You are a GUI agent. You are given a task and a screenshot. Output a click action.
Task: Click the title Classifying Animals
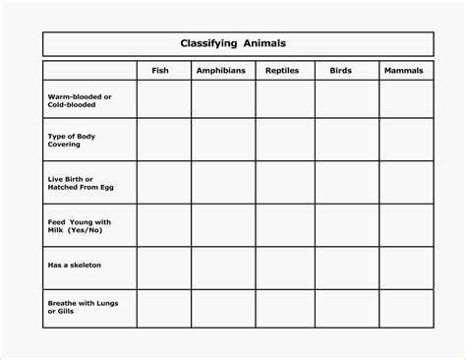coord(233,43)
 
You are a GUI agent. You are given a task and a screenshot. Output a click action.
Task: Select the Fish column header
coord(160,71)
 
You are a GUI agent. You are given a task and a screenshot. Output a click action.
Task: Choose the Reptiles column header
coord(283,71)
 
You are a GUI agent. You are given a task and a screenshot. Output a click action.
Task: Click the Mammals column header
coord(404,71)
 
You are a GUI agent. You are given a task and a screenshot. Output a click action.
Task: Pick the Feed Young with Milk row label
coord(79,225)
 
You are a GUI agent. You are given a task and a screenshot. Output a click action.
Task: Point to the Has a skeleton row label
coord(74,266)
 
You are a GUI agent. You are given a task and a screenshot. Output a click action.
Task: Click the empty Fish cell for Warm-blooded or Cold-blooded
coord(163,100)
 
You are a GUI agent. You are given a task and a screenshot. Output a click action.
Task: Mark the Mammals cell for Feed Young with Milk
coord(405,225)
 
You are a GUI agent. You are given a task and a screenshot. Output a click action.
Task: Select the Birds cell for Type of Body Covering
coord(346,140)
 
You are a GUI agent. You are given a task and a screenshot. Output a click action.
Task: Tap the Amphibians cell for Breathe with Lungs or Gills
coord(223,308)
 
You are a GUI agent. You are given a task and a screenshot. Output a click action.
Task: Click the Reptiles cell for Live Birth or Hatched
coord(285,183)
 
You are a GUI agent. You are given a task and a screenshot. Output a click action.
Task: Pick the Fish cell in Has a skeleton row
coord(163,267)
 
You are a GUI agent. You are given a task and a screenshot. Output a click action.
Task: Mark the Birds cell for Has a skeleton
coord(346,267)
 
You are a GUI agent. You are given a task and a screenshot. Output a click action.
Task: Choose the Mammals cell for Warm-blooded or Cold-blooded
coord(405,100)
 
